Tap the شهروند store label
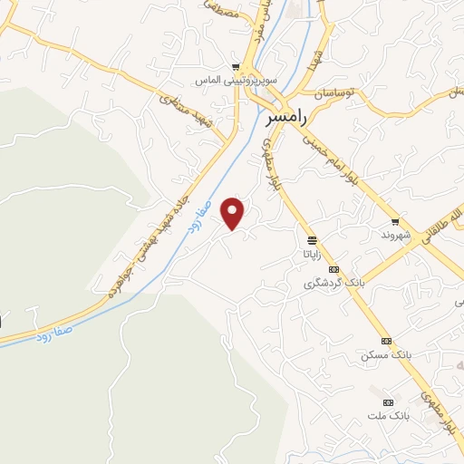coord(396,235)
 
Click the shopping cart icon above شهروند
coord(395,221)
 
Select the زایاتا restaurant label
coord(312,254)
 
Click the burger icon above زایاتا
coord(312,240)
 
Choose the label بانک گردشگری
coord(333,283)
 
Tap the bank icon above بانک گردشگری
coord(333,269)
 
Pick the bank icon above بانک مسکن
coord(387,341)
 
